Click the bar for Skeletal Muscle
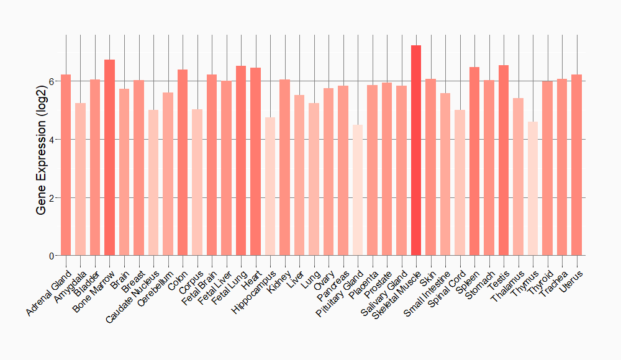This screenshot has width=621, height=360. (416, 150)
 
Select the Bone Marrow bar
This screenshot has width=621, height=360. (109, 158)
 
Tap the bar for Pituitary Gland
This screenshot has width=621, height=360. (357, 190)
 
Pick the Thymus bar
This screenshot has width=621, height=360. (533, 189)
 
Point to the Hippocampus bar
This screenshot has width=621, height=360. (270, 186)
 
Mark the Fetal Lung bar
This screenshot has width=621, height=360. (240, 161)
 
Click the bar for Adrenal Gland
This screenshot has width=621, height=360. (65, 165)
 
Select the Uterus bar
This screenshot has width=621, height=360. (577, 165)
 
